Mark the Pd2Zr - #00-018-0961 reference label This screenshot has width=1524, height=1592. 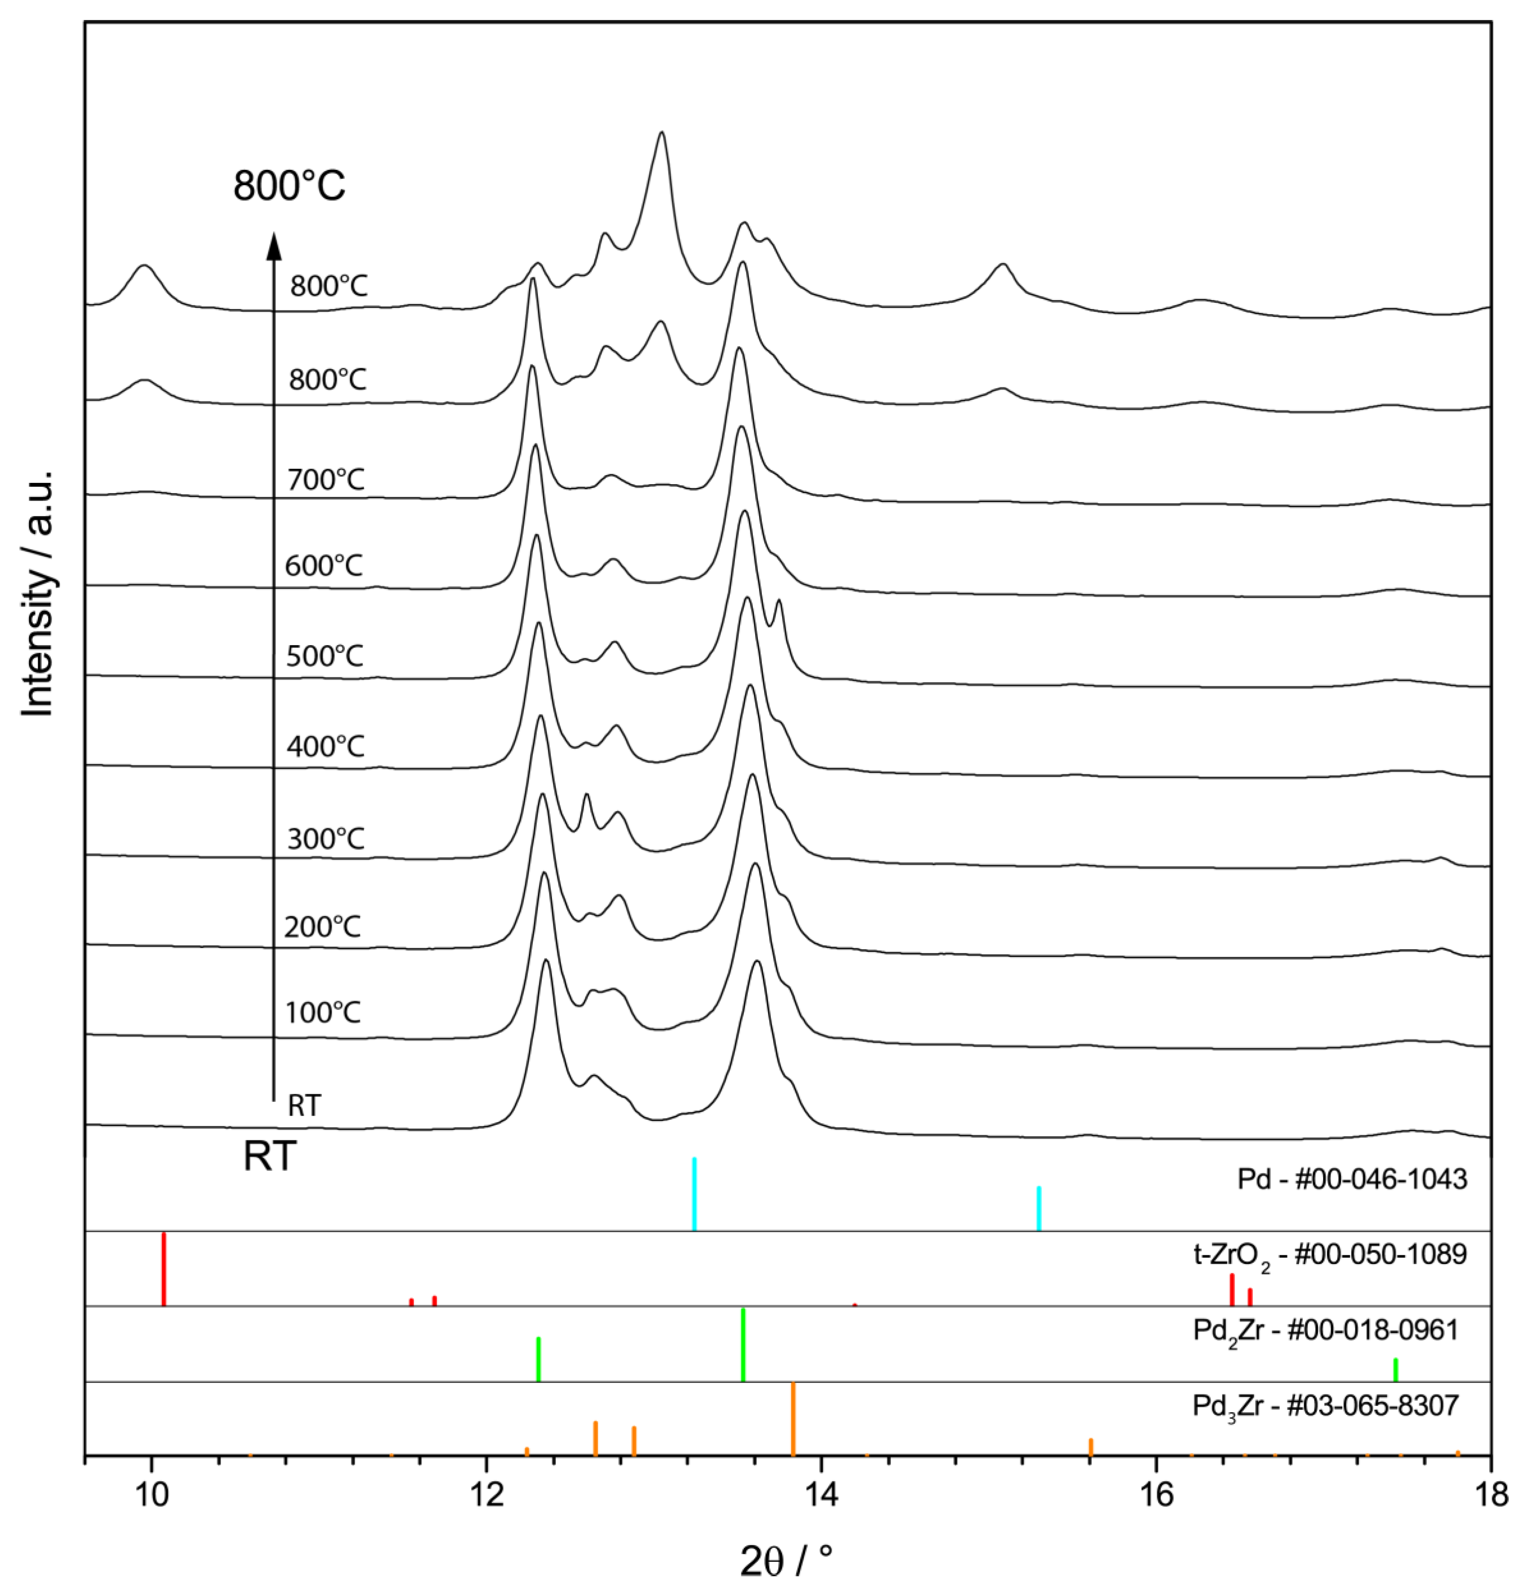[x=1326, y=1330]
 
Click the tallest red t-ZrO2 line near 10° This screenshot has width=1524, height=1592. [x=164, y=1269]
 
